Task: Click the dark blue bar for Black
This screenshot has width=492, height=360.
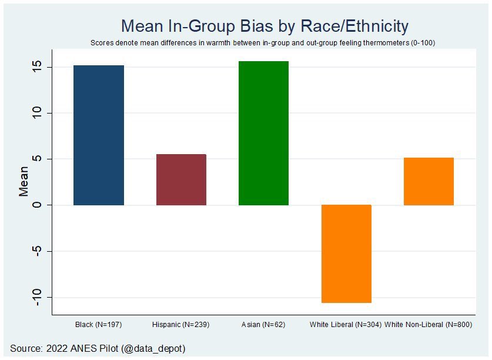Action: coord(99,135)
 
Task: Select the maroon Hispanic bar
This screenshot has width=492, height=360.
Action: coord(181,179)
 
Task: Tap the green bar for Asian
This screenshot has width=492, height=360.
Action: coord(263,133)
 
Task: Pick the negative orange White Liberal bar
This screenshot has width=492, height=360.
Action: coord(346,254)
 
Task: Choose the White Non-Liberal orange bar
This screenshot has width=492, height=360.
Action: coord(429,181)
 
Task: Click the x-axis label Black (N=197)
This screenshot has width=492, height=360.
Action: coord(99,325)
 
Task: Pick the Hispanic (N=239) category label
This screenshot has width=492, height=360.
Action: coord(181,325)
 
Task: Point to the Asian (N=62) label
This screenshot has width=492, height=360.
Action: coord(263,325)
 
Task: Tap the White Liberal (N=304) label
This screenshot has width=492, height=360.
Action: coord(346,325)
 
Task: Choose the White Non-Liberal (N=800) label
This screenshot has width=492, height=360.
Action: coord(429,325)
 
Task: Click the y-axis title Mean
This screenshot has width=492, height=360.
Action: coord(24,181)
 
